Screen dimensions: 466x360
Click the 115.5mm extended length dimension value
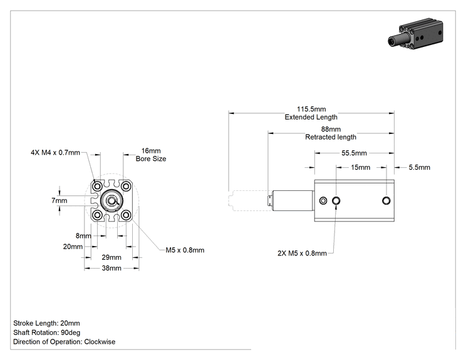pos(311,109)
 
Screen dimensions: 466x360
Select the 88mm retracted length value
pos(331,129)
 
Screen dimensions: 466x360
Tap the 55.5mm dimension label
pos(354,153)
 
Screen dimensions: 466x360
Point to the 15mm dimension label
pos(360,167)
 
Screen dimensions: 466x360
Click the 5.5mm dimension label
pos(420,167)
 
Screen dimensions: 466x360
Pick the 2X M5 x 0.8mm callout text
pos(302,253)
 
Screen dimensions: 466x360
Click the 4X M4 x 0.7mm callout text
pos(55,152)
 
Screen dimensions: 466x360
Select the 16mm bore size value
pos(151,151)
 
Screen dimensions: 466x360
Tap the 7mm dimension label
pos(59,200)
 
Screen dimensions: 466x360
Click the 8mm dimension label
pos(83,236)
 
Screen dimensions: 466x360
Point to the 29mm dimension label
pos(111,257)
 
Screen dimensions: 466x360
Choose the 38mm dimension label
pos(111,268)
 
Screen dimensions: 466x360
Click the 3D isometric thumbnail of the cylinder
pos(415,33)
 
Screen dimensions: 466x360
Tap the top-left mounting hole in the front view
pos(97,187)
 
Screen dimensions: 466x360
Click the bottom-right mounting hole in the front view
pos(126,215)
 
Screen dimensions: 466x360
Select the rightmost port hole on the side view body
pos(386,200)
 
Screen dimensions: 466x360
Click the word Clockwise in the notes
pos(100,342)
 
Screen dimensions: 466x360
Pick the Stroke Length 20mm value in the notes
pos(70,323)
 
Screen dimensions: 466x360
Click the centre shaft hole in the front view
pos(111,201)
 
